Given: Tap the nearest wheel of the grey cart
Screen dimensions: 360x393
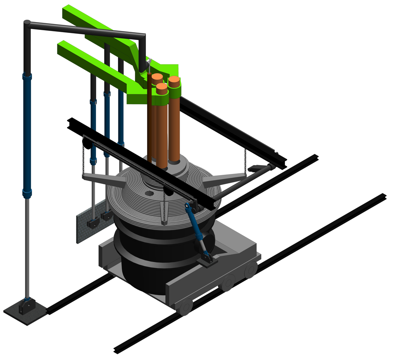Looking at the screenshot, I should click(x=185, y=306).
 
